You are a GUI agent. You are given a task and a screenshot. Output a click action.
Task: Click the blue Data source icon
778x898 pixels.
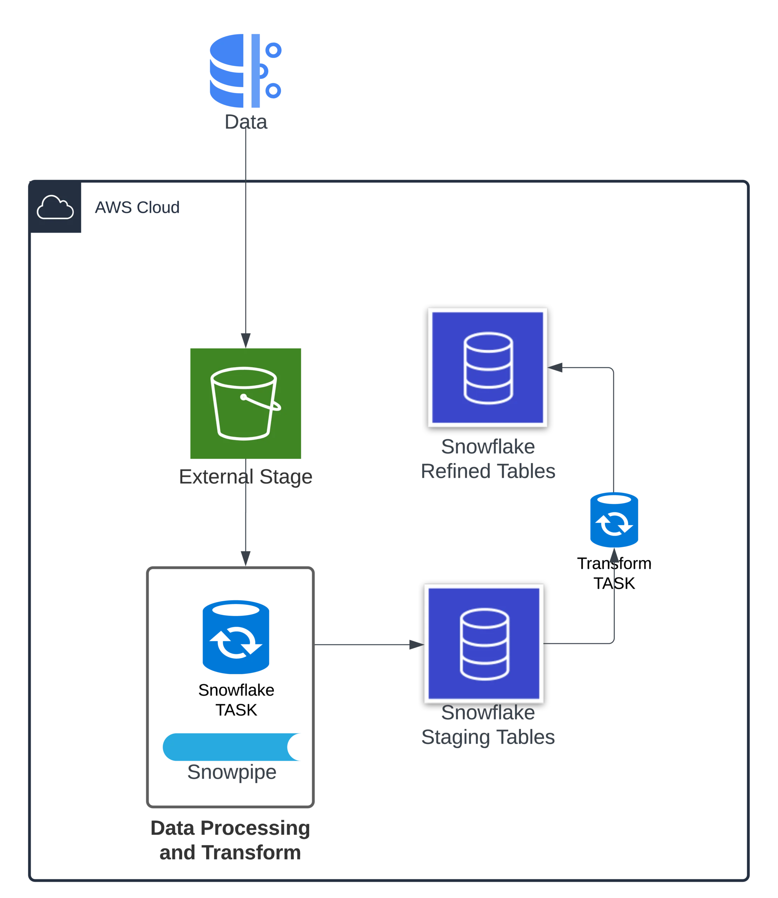click(x=245, y=71)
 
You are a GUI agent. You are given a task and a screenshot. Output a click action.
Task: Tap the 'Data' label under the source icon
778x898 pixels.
click(x=246, y=121)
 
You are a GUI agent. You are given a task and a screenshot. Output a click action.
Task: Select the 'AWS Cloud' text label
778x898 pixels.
click(x=136, y=207)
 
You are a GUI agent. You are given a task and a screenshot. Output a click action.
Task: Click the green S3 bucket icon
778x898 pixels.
click(x=245, y=403)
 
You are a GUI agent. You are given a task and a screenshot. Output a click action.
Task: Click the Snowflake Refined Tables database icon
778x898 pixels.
click(x=488, y=367)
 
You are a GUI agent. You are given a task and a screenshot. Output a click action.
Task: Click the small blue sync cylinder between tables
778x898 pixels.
click(x=614, y=520)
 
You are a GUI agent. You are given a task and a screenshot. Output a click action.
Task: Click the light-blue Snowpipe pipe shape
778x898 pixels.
click(x=232, y=748)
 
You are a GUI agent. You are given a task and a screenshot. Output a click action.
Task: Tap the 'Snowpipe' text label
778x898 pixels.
click(x=232, y=772)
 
